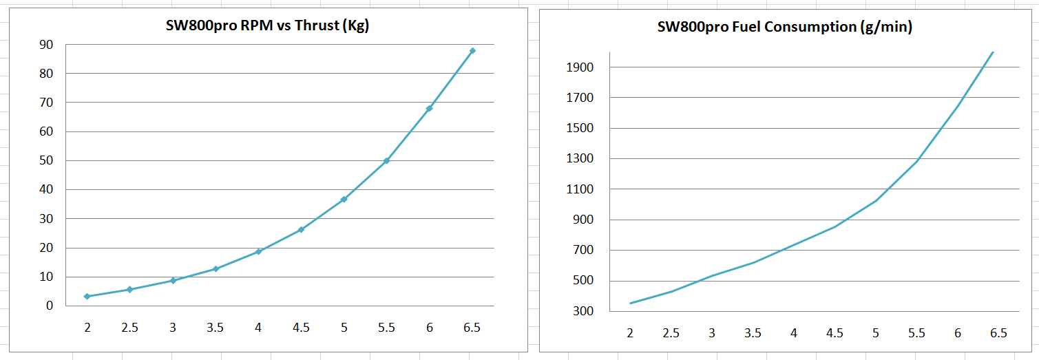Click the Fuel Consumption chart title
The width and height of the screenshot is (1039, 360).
[x=785, y=27]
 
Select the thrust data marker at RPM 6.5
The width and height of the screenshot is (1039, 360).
[x=472, y=51]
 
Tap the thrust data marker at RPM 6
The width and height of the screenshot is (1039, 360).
[x=429, y=108]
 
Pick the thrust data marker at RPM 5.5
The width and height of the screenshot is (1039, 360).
[x=386, y=160]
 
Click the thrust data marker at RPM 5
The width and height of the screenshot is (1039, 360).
[x=344, y=199]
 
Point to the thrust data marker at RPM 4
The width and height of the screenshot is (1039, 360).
[x=258, y=251]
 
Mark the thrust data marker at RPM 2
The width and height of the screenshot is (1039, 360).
[x=87, y=296]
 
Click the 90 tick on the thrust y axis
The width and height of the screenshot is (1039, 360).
[x=46, y=45]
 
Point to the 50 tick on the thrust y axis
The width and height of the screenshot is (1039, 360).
[x=46, y=160]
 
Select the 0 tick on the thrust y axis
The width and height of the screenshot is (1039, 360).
[x=50, y=306]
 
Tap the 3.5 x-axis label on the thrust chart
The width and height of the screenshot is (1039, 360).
[x=215, y=328]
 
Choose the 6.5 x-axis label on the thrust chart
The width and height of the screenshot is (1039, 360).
[x=472, y=328]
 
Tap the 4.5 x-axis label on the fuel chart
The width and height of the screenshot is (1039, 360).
[x=835, y=333]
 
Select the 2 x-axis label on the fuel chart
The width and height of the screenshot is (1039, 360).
[x=630, y=333]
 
